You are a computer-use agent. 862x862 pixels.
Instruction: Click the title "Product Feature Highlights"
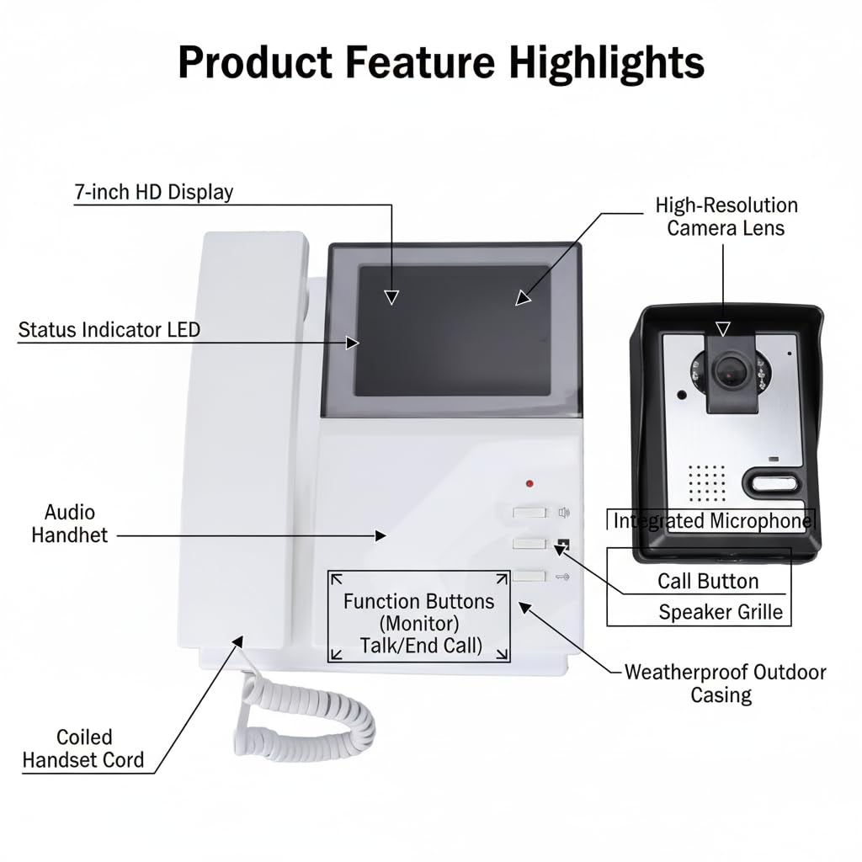(441, 62)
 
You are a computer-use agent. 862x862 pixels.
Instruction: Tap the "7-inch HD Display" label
(154, 192)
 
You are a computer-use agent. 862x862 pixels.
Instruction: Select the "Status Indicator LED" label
(109, 330)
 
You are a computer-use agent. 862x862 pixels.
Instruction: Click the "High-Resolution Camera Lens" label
(726, 216)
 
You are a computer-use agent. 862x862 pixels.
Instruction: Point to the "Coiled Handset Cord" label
(83, 748)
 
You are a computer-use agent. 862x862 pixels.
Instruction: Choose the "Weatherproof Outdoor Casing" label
(725, 684)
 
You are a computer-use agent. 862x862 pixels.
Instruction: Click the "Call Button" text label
(708, 581)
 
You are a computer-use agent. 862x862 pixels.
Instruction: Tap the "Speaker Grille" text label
(721, 612)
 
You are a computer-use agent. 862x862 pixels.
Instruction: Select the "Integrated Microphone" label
(710, 520)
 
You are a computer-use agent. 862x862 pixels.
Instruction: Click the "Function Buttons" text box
(419, 617)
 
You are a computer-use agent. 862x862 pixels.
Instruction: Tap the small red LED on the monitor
(529, 484)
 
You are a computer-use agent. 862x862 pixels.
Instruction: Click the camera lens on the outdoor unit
(728, 372)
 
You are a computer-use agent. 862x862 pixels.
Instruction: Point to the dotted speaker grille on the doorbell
(707, 483)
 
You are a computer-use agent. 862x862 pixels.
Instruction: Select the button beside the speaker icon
(529, 513)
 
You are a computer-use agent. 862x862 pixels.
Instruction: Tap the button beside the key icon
(529, 576)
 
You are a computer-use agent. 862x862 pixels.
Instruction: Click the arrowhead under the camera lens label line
(723, 329)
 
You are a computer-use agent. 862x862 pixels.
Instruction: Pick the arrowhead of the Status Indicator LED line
(353, 343)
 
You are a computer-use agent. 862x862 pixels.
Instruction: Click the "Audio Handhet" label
(69, 524)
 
